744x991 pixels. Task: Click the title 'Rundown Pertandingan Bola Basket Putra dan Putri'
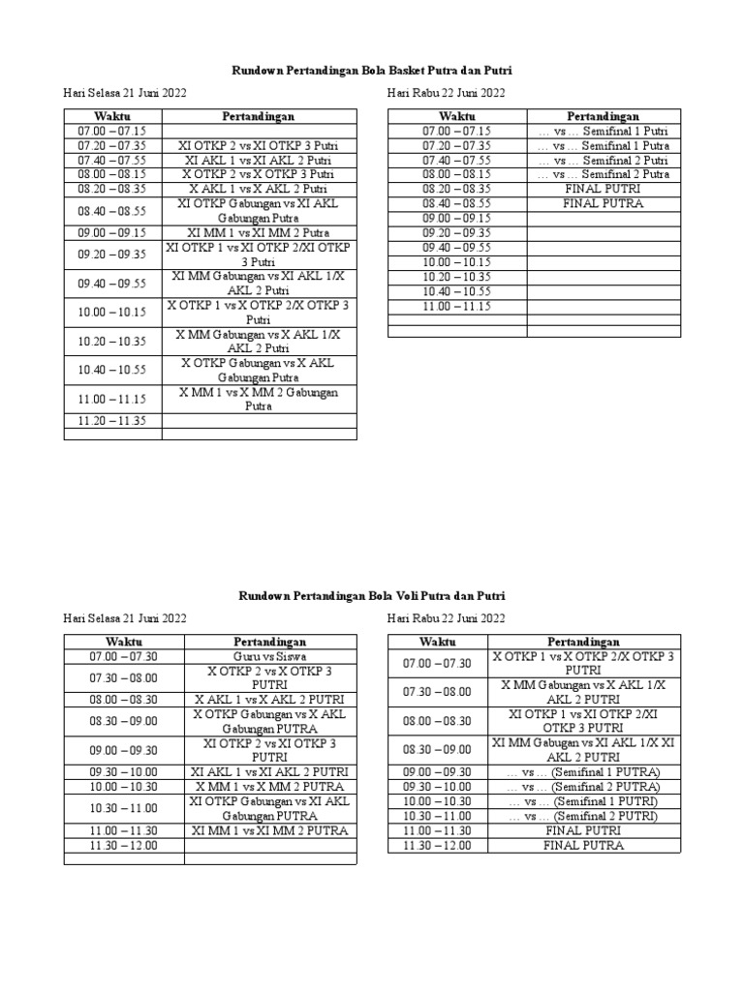(372, 71)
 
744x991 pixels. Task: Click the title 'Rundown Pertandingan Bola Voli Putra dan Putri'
(372, 596)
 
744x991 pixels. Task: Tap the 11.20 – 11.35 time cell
(111, 421)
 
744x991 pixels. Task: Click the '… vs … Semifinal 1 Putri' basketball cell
(603, 131)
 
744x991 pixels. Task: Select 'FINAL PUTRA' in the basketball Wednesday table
(603, 204)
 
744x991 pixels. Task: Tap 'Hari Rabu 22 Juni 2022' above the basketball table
(446, 93)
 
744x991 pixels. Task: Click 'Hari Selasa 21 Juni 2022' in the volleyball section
(125, 618)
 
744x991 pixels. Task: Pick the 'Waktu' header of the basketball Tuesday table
(111, 116)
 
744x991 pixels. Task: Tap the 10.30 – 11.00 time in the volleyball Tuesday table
(124, 808)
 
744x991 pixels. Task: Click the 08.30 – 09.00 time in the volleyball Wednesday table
(437, 749)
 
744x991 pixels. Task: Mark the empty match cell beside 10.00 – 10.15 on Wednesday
(603, 262)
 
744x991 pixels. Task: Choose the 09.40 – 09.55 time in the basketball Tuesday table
(111, 283)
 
